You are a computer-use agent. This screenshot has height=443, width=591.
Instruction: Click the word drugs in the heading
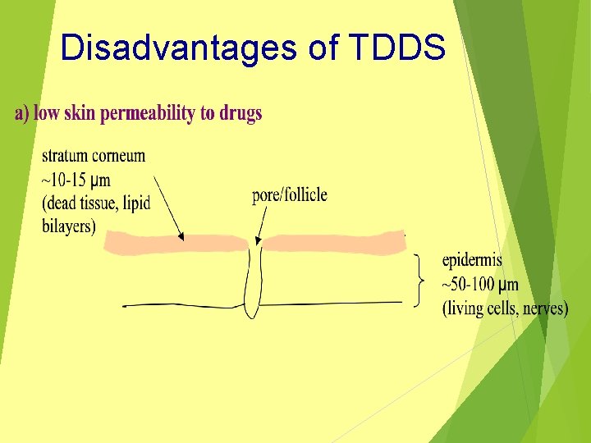point(241,113)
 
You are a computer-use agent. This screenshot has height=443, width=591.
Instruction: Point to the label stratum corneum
point(93,156)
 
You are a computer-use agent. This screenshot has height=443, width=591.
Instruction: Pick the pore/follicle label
point(289,194)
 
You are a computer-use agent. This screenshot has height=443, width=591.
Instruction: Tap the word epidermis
point(472,261)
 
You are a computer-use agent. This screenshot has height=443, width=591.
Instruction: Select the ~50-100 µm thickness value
point(480,285)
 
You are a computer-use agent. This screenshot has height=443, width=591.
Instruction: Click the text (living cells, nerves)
point(505,308)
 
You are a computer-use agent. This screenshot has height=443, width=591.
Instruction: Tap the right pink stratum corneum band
point(332,243)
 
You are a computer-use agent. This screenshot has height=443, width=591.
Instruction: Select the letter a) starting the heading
point(21,113)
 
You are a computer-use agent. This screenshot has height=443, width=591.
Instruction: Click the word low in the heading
point(46,113)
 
